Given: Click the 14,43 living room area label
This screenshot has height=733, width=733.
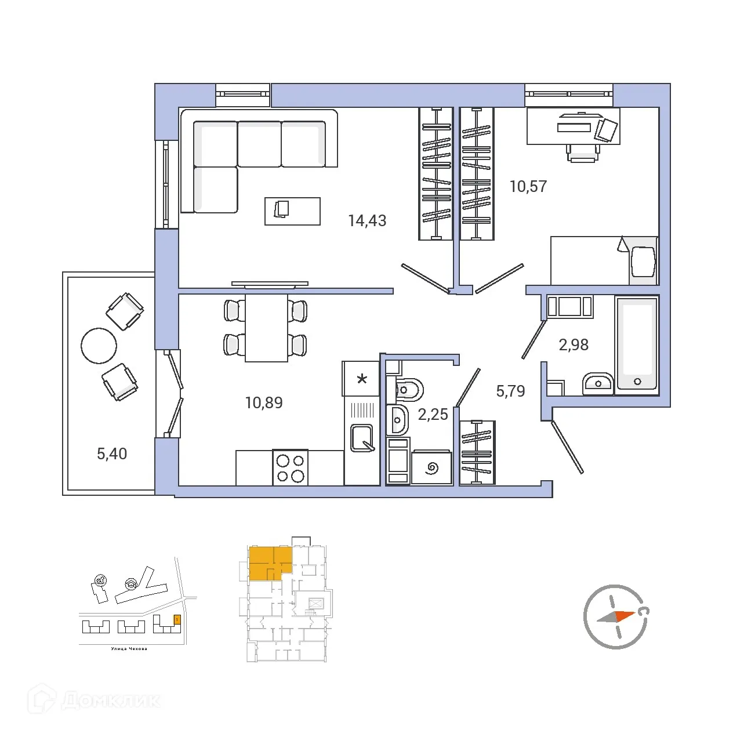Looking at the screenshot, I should pos(367,221).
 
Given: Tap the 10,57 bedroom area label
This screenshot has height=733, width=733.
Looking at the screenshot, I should pos(528,187).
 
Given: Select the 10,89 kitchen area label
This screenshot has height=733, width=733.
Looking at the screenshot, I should pos(264,402).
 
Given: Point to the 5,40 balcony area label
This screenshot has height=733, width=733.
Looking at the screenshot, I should pos(112,454).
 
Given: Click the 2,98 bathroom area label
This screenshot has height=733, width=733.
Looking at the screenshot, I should pos(574,345).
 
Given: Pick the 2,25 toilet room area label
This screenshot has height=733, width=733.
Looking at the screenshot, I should pos(433,415).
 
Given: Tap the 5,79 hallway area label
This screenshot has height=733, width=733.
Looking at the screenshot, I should pos(510,391).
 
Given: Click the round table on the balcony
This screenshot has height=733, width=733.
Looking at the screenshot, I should pos(99,346).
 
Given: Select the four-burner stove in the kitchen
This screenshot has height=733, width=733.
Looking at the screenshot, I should pos(290,468).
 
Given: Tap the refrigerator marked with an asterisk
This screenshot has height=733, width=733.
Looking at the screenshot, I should pos(361,379).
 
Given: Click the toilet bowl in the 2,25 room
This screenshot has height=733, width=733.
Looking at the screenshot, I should pos(409,390).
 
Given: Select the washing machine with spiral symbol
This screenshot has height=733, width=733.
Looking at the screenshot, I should pos(431,467).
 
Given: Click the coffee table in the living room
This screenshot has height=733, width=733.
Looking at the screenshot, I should pos(292,211).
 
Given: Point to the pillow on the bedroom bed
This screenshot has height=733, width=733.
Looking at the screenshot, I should pos(643,262).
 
